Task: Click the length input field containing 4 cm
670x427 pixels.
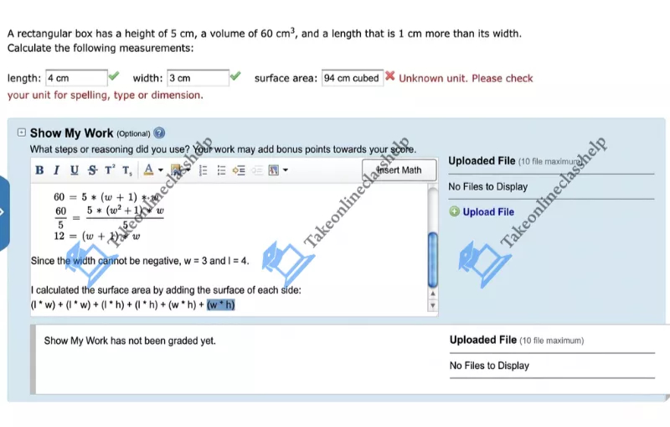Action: coord(76,78)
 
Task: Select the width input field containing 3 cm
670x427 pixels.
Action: coord(198,78)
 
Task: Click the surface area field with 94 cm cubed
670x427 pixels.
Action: coord(352,78)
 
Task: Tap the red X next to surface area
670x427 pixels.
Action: coord(389,77)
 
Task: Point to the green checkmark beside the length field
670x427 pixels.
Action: coord(114,77)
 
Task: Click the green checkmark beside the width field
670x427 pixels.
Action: coord(235,77)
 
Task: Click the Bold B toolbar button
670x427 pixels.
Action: coord(39,170)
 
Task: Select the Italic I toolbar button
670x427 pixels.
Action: coord(56,170)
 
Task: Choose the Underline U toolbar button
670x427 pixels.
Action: coord(74,170)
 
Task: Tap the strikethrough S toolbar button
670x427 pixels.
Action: coord(91,170)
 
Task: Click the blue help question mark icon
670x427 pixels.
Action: coord(159,133)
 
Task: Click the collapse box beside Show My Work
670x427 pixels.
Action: coord(22,133)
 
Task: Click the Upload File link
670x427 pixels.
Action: coord(488,212)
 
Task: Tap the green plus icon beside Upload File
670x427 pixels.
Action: coord(455,212)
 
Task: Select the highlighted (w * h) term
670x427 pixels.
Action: coord(221,305)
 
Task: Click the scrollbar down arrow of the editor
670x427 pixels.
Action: coord(433,305)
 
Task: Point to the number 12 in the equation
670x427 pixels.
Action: coord(59,236)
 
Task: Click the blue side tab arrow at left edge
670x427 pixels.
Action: coord(3,212)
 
